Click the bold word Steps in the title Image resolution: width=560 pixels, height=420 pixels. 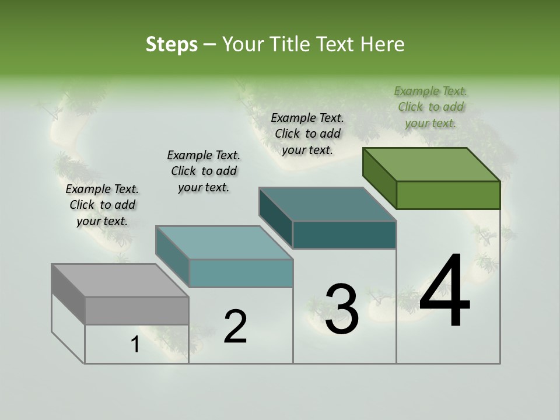coord(171,44)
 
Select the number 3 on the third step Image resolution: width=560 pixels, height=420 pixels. coord(342,309)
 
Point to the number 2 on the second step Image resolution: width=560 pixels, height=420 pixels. coord(235,327)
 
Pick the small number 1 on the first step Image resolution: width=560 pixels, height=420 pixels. coord(135,345)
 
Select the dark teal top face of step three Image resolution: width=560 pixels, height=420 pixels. coord(327,204)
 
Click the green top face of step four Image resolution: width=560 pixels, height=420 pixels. coord(431,164)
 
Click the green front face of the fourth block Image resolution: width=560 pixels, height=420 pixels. coord(448,195)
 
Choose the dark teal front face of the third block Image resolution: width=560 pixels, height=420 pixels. coord(344,235)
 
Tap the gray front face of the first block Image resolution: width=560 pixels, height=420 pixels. coord(136,310)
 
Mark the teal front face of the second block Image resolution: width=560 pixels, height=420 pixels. coord(241,273)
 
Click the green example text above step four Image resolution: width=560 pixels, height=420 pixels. coord(430,107)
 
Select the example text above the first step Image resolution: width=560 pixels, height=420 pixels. coord(102,205)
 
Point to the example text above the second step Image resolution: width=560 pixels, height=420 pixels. coord(204,171)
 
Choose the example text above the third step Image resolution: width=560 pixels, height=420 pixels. coord(307,134)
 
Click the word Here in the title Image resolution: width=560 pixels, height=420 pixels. coord(383,44)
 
